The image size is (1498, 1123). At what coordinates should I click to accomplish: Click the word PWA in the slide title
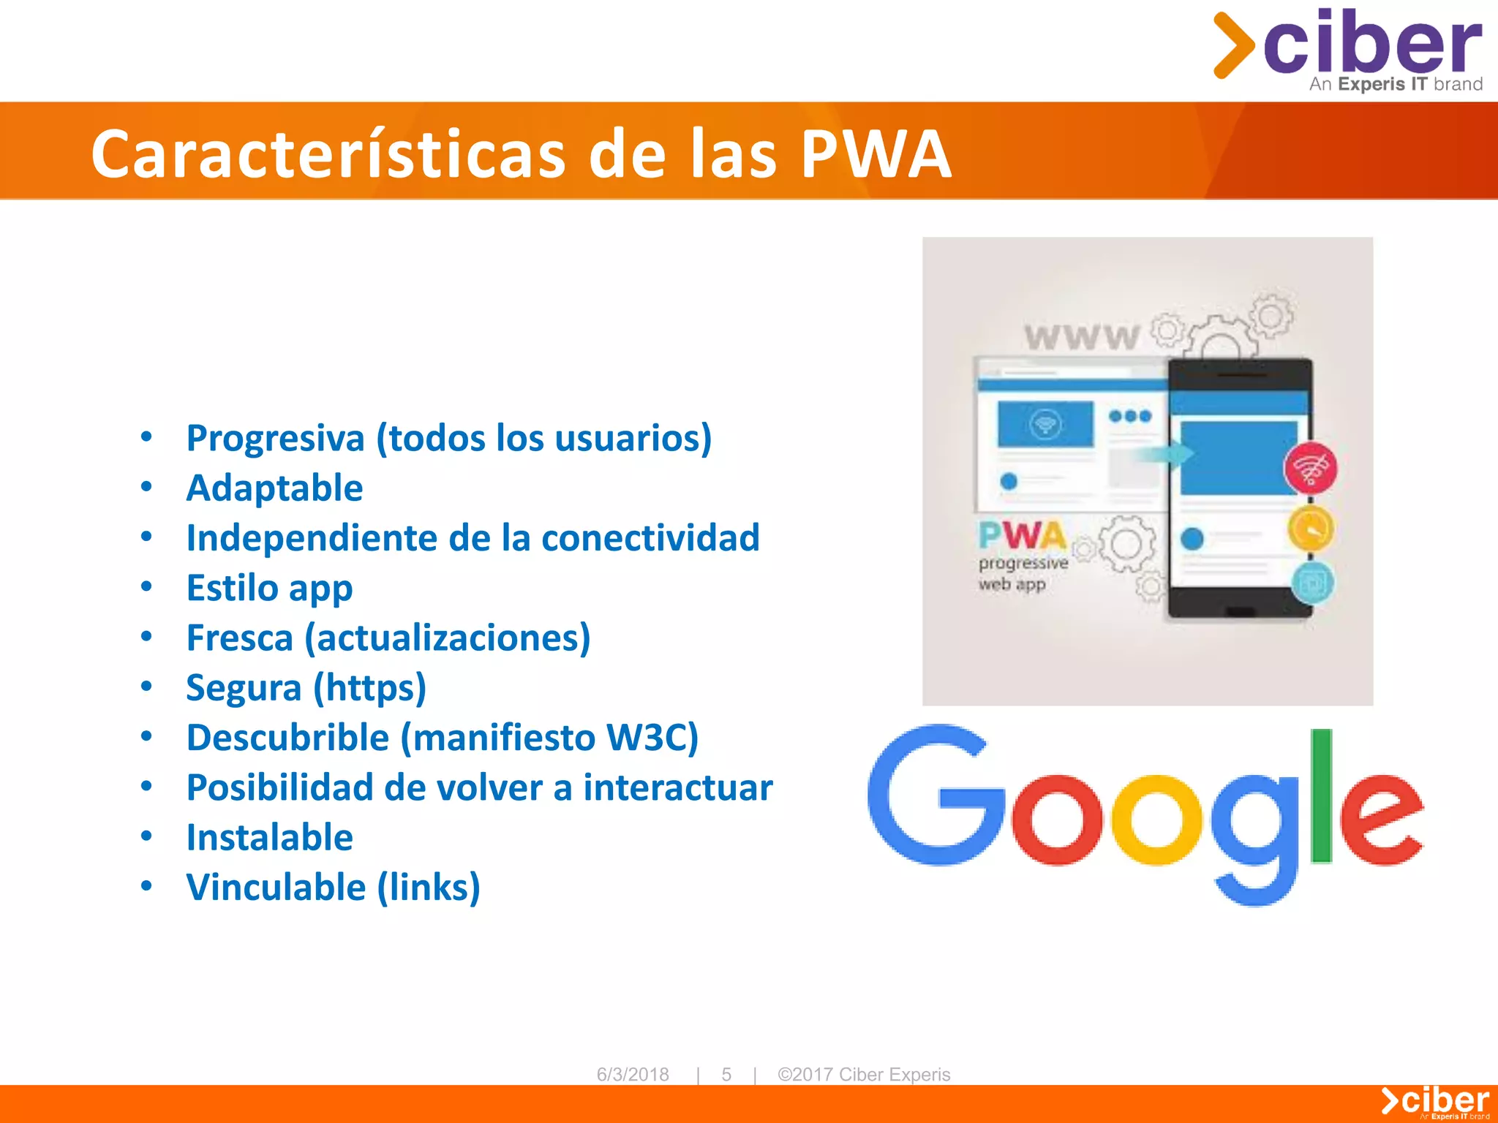(x=876, y=154)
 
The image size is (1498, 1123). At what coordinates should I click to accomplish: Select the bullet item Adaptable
(x=274, y=488)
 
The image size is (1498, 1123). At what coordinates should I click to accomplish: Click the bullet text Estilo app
(x=269, y=588)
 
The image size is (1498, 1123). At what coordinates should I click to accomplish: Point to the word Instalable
(x=269, y=837)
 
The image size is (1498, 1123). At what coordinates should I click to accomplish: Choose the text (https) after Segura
(x=370, y=688)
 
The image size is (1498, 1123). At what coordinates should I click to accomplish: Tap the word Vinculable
(x=276, y=887)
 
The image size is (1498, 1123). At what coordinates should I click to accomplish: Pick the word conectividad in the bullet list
(x=650, y=538)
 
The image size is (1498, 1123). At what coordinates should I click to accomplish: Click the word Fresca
(x=239, y=638)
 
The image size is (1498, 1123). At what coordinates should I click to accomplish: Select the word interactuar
(x=677, y=787)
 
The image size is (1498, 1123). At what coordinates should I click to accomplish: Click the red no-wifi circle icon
(x=1310, y=468)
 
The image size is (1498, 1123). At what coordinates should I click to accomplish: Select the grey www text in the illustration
(x=1081, y=337)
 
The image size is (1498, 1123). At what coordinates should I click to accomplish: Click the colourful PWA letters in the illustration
(x=1022, y=535)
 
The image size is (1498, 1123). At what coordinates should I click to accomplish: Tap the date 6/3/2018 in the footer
(x=633, y=1074)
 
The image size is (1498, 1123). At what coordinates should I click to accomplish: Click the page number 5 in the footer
(x=726, y=1074)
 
